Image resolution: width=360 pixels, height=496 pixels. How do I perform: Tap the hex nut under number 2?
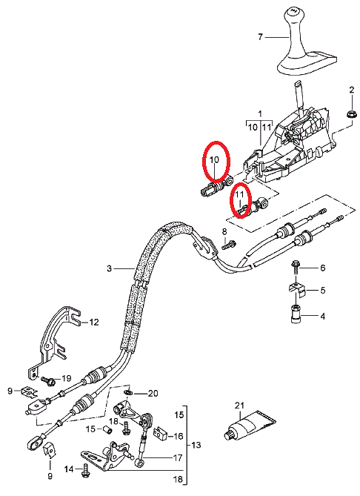pyautogui.click(x=350, y=113)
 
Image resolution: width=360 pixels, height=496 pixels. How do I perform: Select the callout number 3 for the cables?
pyautogui.click(x=110, y=268)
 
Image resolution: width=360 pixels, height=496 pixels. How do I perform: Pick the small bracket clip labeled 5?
pyautogui.click(x=296, y=289)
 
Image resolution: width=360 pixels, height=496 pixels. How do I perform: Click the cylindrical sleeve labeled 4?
pyautogui.click(x=296, y=313)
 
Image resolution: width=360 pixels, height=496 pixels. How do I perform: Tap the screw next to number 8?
pyautogui.click(x=228, y=245)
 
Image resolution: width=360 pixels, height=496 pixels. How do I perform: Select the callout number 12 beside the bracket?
pyautogui.click(x=94, y=323)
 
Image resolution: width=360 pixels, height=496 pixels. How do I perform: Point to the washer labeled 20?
pyautogui.click(x=129, y=392)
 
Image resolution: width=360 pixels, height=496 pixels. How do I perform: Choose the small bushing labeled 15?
pyautogui.click(x=108, y=430)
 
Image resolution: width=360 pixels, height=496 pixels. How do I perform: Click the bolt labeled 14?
pyautogui.click(x=86, y=470)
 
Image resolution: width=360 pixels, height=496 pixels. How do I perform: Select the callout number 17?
pyautogui.click(x=177, y=457)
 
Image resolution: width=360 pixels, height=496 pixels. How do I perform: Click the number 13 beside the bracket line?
pyautogui.click(x=196, y=445)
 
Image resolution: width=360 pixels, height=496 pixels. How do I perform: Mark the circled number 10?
pyautogui.click(x=214, y=159)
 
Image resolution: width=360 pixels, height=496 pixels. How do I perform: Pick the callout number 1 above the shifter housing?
pyautogui.click(x=260, y=114)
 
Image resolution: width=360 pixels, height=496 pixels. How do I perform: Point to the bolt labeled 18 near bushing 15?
pyautogui.click(x=127, y=428)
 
